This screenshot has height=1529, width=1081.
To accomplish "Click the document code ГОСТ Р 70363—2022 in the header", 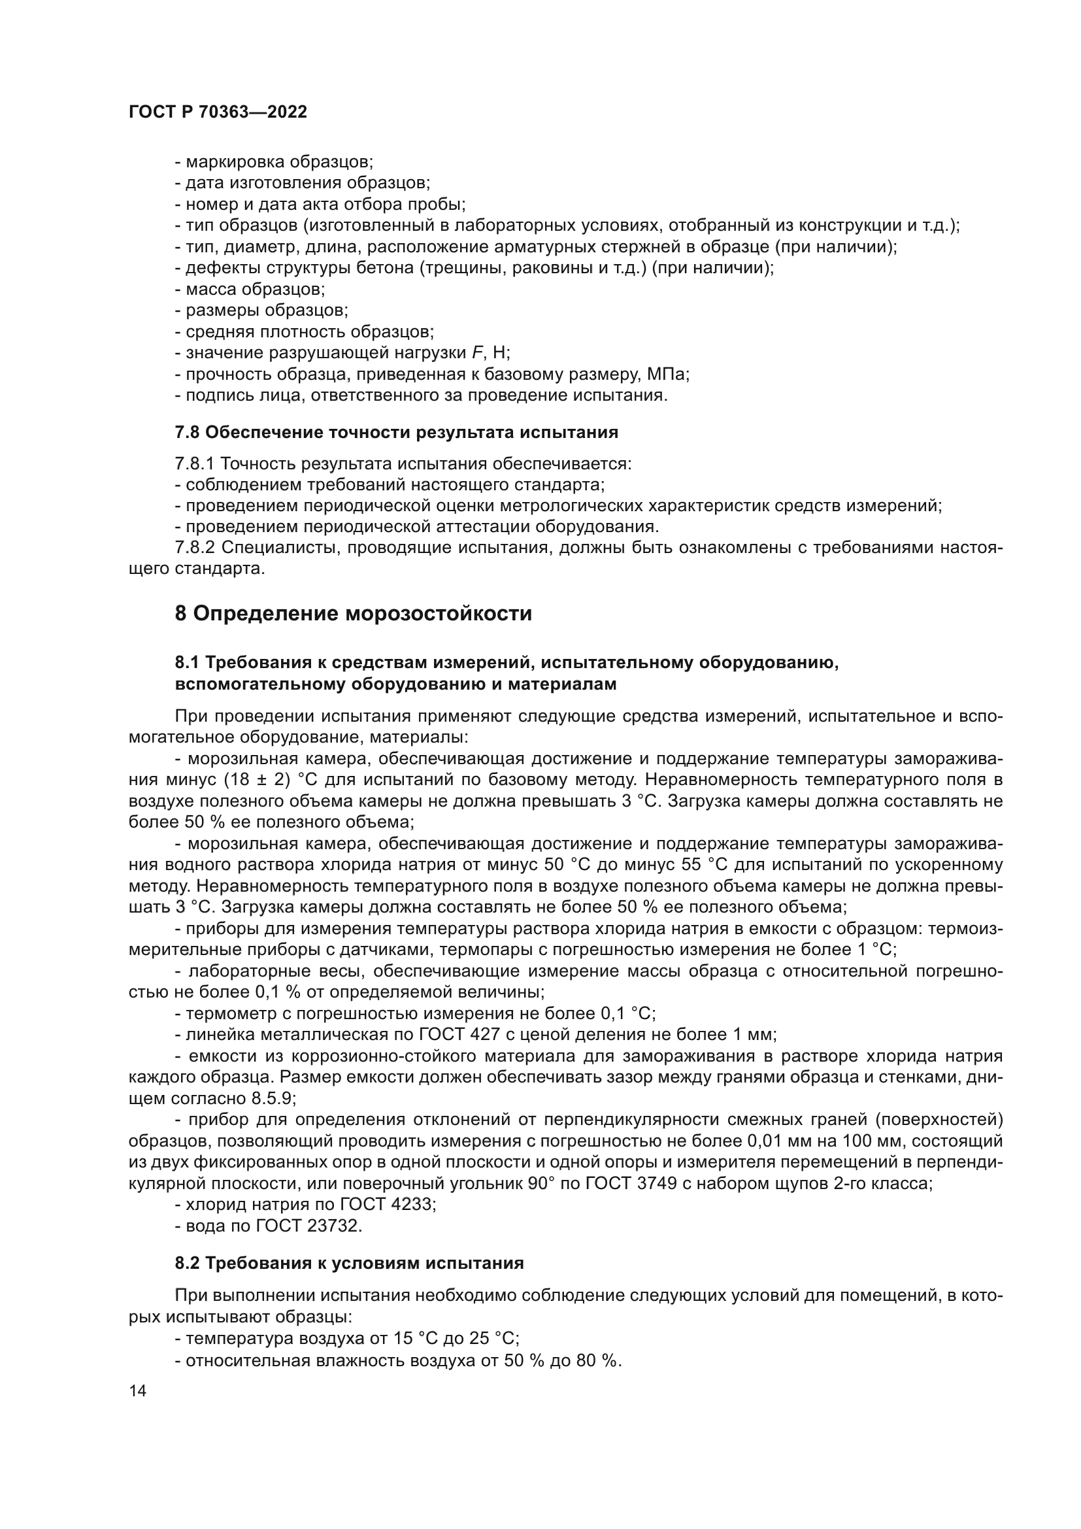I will click(x=218, y=112).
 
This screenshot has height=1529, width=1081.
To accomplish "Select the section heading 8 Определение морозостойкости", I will click(x=353, y=613).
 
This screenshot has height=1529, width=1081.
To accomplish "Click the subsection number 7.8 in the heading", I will click(x=187, y=433).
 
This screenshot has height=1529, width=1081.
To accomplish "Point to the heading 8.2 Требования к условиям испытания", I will click(x=349, y=1264).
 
